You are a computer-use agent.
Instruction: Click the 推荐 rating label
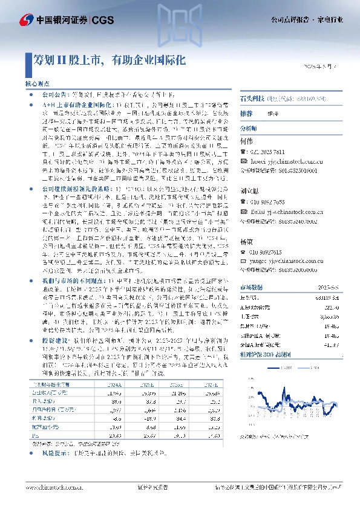(246, 114)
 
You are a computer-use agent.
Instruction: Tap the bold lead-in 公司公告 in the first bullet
(53, 96)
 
